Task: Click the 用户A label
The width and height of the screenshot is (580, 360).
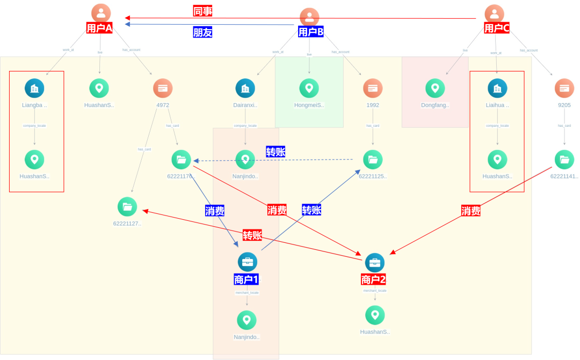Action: [99, 28]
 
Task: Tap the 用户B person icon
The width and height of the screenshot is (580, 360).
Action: [309, 17]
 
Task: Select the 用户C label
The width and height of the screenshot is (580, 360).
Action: [497, 28]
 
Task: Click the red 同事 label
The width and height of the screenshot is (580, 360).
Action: [202, 11]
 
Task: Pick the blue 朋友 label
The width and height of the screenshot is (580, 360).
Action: [202, 32]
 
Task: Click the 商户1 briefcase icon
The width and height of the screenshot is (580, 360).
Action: [247, 262]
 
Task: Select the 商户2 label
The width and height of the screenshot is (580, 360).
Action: [373, 279]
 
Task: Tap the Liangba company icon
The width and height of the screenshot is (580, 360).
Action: [34, 88]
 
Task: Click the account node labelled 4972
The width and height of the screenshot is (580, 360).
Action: [163, 88]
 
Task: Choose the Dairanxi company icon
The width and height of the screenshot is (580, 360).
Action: [245, 88]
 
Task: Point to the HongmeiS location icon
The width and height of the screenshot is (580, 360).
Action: [309, 88]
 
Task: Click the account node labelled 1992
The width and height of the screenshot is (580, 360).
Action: [373, 88]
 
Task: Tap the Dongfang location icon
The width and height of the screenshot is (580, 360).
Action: [435, 88]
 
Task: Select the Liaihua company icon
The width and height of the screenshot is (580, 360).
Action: [497, 88]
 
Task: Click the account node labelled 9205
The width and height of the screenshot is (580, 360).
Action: [564, 88]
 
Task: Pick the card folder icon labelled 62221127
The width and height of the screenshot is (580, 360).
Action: [127, 207]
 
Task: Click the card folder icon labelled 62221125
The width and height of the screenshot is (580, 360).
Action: [373, 160]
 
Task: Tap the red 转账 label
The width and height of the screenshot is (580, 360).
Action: [252, 235]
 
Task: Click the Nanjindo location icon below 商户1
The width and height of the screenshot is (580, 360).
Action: [247, 320]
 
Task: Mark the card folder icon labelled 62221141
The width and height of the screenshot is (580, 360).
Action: [564, 160]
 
